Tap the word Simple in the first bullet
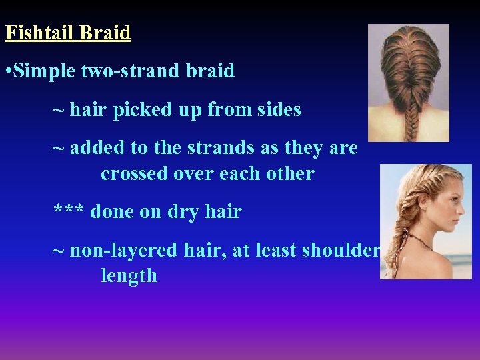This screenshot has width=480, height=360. (x=44, y=71)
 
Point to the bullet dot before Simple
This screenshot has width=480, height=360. (x=8, y=71)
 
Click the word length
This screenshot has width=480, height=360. (x=129, y=275)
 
